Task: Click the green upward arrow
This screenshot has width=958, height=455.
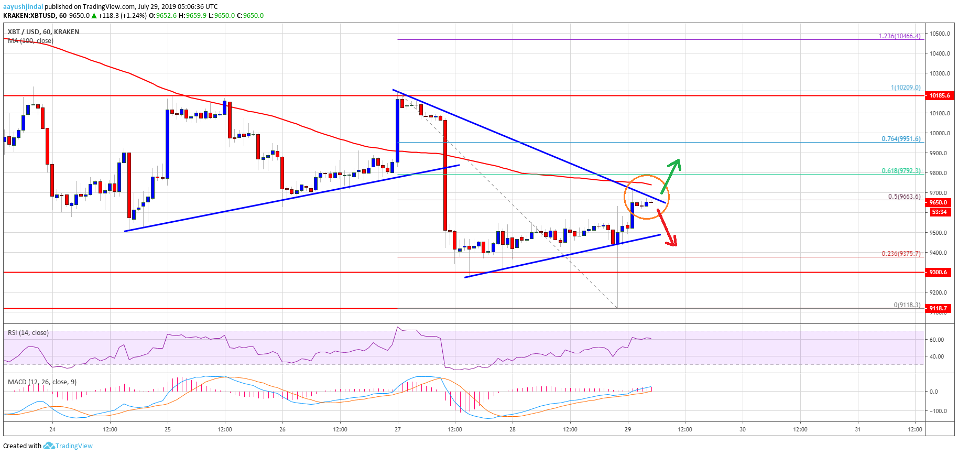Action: [x=672, y=175]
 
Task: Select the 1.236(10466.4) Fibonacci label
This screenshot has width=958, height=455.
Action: [x=899, y=36]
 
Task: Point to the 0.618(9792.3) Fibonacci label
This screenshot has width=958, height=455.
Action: [x=900, y=171]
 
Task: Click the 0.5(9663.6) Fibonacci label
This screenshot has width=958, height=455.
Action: [x=904, y=197]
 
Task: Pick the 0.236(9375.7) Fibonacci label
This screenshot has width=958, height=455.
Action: [x=900, y=254]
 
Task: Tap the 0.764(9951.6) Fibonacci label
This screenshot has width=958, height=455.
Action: [x=900, y=139]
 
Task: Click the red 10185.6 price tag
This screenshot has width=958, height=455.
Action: [x=939, y=95]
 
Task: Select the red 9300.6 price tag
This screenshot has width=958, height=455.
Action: [x=939, y=272]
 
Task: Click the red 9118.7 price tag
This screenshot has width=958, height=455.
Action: [x=939, y=308]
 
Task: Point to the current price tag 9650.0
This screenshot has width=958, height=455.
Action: [x=939, y=202]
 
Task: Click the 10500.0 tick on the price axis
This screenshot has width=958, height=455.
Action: [x=940, y=34]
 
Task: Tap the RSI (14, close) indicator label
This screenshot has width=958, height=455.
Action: [x=28, y=333]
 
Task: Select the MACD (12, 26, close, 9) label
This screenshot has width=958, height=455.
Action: [x=42, y=382]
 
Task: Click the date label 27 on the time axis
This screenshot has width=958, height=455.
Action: [x=398, y=429]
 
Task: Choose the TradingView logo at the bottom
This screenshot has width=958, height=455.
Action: [x=69, y=446]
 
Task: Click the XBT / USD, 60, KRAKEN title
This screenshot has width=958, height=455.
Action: [x=43, y=31]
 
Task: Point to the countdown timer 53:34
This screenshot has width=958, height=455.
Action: [x=939, y=212]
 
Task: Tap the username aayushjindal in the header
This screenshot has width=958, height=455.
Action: [x=23, y=6]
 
